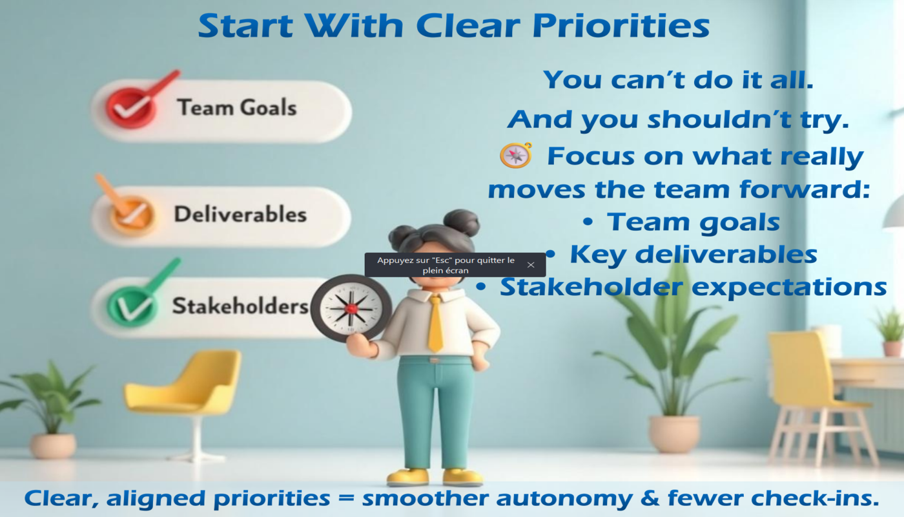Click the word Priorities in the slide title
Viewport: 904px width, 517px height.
pyautogui.click(x=621, y=26)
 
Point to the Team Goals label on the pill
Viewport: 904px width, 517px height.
pyautogui.click(x=237, y=108)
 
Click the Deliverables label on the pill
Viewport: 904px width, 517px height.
pyautogui.click(x=240, y=214)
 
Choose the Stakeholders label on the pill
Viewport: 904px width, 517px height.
pyautogui.click(x=240, y=306)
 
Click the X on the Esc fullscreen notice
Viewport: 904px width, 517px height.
pyautogui.click(x=531, y=265)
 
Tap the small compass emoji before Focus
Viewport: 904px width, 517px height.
pyautogui.click(x=516, y=155)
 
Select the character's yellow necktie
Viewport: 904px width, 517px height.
pyautogui.click(x=435, y=323)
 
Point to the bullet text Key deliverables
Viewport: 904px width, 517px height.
pyautogui.click(x=693, y=255)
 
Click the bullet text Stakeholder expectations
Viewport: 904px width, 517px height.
pyautogui.click(x=693, y=287)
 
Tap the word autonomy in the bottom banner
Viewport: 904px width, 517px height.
pyautogui.click(x=564, y=498)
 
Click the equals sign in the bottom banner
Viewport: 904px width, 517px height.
pyautogui.click(x=346, y=498)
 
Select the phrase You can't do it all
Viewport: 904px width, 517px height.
pyautogui.click(x=678, y=80)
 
